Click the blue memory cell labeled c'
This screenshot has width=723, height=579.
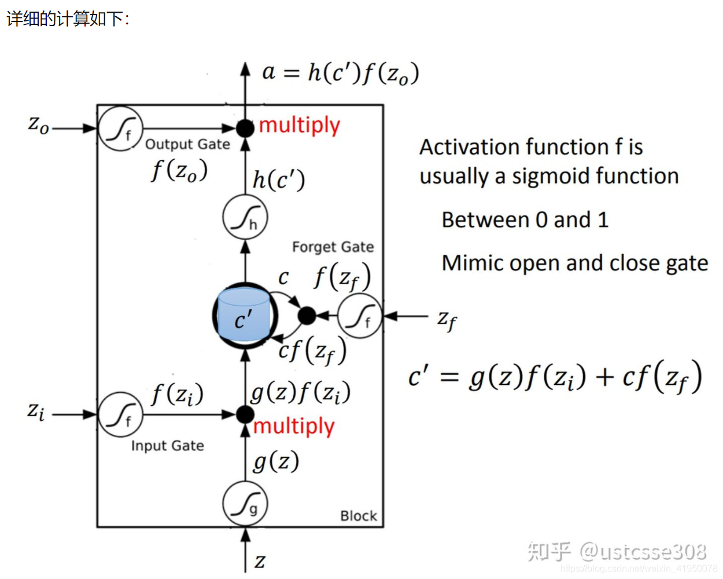point(244,316)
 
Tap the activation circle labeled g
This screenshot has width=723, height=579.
point(245,504)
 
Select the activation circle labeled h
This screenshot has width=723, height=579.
point(245,218)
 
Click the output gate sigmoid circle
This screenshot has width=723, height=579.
point(120,129)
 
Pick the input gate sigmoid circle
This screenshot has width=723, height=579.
point(120,415)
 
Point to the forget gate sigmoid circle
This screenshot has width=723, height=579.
point(360,316)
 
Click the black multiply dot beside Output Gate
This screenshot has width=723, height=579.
point(245,128)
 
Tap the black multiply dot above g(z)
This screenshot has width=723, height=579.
point(245,415)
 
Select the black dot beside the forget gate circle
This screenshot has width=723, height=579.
point(307,316)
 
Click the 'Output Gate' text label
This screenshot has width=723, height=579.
point(187,144)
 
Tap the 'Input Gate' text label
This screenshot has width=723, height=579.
point(167,446)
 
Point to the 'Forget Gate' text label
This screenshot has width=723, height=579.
point(333,247)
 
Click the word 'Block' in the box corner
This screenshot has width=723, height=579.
point(358,516)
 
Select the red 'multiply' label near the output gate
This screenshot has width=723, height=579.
point(299,126)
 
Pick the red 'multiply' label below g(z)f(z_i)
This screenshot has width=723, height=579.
point(294,427)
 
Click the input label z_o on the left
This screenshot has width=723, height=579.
point(39,124)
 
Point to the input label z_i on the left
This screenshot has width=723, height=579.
point(36,411)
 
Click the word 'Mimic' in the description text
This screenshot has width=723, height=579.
point(467,263)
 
